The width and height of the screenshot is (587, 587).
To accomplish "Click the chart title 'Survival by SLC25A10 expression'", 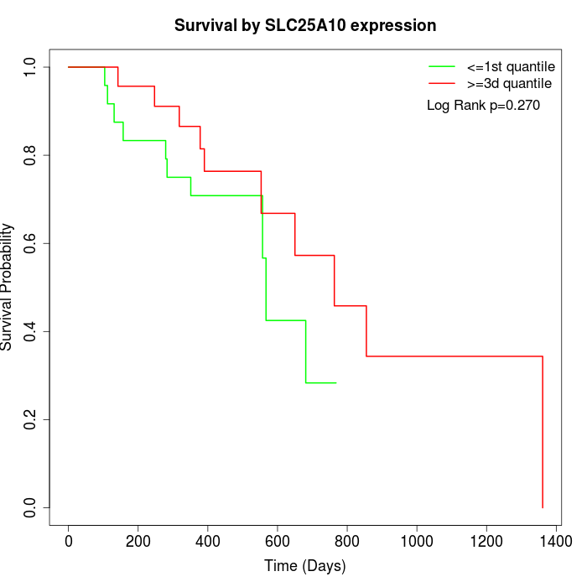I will tap(305, 26).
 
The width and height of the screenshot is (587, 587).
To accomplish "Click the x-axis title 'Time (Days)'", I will tap(305, 566).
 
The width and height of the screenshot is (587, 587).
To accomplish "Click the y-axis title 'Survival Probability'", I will tap(8, 287).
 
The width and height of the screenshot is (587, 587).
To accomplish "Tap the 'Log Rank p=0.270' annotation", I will tap(483, 106).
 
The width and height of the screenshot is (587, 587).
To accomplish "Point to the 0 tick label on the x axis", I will tap(69, 542).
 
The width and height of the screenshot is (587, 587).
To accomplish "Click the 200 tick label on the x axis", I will tap(138, 542).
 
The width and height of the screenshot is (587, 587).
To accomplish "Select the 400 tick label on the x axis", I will tap(208, 542).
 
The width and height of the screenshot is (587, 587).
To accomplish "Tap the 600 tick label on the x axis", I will tap(278, 542).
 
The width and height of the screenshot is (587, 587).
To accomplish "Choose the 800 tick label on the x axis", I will tap(347, 542).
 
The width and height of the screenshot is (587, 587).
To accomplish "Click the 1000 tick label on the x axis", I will tap(417, 542).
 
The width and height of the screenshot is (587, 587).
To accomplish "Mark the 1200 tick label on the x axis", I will tap(486, 542).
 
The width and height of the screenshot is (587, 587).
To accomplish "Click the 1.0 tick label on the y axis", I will tap(31, 67).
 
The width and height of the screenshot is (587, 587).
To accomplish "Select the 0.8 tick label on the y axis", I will tap(31, 155).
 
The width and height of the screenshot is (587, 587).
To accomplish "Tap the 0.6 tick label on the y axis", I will tap(31, 243).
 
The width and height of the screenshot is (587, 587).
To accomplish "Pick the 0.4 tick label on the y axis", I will tap(31, 331).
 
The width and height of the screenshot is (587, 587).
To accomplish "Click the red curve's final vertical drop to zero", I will tap(543, 432).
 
